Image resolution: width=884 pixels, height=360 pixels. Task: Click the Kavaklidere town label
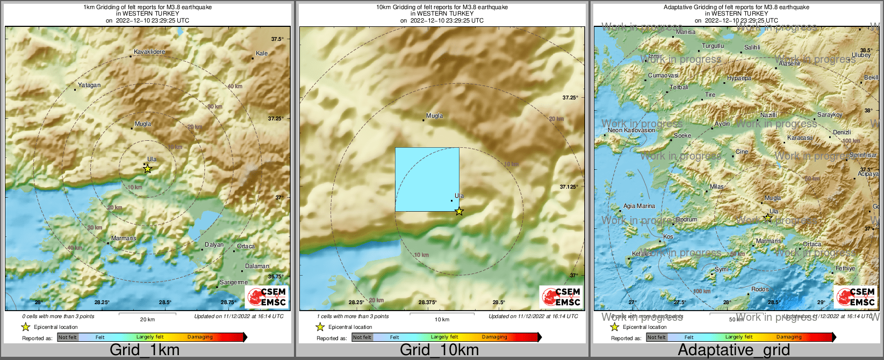point(149,52)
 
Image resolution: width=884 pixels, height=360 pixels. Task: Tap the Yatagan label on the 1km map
point(89,85)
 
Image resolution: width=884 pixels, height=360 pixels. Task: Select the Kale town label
point(262,53)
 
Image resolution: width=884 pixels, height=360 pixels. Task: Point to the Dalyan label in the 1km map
point(214,244)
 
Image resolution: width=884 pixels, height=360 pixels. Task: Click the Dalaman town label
point(257,266)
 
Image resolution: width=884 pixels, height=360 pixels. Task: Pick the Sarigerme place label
point(234,282)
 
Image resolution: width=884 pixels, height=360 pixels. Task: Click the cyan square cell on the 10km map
point(427,179)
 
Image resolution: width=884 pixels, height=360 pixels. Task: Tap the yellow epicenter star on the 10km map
point(459,211)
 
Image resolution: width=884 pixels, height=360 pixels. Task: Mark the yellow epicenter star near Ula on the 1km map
point(148,169)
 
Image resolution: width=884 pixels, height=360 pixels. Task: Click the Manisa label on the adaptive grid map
point(686,32)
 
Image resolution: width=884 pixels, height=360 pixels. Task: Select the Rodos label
point(760,290)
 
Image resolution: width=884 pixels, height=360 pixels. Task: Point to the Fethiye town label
point(845,269)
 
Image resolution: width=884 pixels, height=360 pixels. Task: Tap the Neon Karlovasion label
point(631,130)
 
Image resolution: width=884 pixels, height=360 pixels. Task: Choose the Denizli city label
point(842,132)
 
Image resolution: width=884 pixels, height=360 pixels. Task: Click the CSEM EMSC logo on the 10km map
point(561,297)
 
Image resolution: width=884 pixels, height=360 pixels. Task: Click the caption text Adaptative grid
point(734,350)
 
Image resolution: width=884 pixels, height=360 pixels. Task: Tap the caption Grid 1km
point(145,350)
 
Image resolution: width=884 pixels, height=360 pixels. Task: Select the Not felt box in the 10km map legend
point(362,337)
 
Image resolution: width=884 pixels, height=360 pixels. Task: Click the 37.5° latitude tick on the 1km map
point(277,39)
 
